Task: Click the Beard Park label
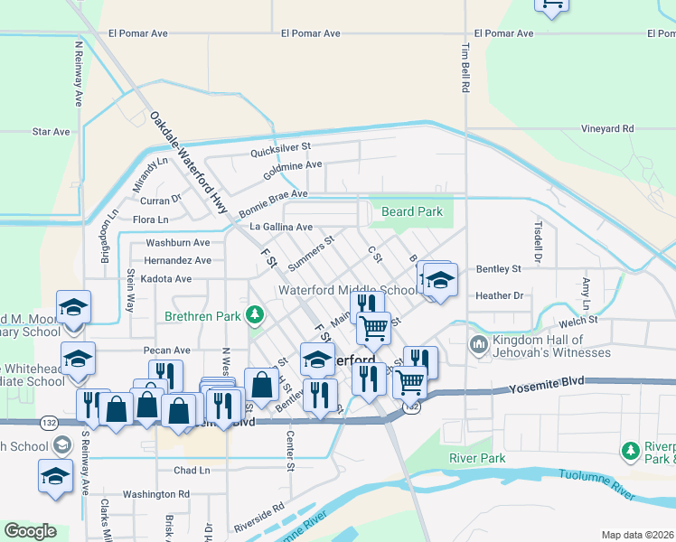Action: pyautogui.click(x=412, y=212)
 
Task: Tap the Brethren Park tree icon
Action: pyautogui.click(x=256, y=314)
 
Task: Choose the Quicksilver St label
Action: pyautogui.click(x=280, y=145)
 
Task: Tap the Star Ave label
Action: pyautogui.click(x=51, y=132)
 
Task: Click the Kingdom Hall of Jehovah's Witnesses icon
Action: pyautogui.click(x=478, y=344)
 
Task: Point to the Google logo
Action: pyautogui.click(x=30, y=531)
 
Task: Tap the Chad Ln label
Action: pyautogui.click(x=191, y=471)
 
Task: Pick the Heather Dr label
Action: pyautogui.click(x=499, y=295)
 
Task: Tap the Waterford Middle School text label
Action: pyautogui.click(x=347, y=291)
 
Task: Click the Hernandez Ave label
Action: pyautogui.click(x=178, y=260)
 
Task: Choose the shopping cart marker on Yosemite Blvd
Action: pyautogui.click(x=409, y=382)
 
